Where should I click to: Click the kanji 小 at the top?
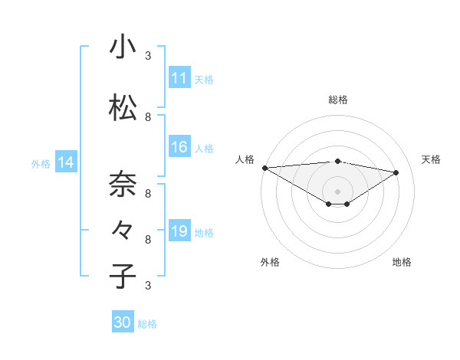pos(123,47)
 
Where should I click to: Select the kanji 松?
pos(123,108)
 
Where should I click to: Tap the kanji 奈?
pos(123,185)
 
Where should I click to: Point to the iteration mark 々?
pos(123,230)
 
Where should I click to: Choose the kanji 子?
pos(123,276)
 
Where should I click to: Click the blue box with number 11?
pos(179,78)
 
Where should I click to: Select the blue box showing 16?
pos(179,147)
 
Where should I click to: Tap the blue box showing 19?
pos(179,231)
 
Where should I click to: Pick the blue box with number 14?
pos(65,162)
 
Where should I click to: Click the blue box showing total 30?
pos(123,322)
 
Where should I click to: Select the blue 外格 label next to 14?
pos(40,163)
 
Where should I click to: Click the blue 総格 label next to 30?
pos(147,323)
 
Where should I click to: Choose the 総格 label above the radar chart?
pos(338,100)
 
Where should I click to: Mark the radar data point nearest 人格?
pos(264,168)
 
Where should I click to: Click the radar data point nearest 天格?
pos(396,172)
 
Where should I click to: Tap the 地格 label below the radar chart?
pos(402,262)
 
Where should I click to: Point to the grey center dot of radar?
pos(337,191)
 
